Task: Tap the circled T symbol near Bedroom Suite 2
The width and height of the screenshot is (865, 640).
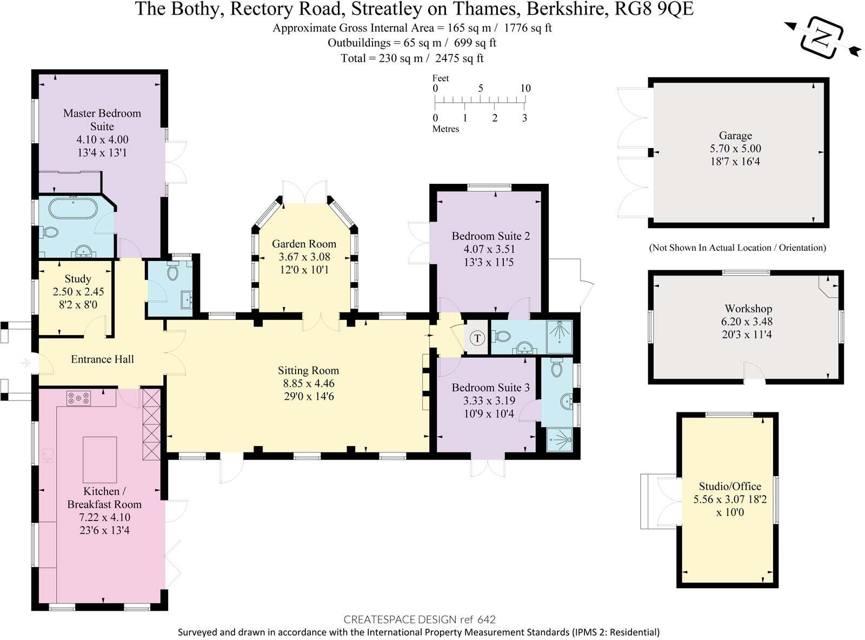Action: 477,339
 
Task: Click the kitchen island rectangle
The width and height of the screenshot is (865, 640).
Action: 99,459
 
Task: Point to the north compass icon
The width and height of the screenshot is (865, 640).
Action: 822,38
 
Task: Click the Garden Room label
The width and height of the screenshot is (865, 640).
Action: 304,244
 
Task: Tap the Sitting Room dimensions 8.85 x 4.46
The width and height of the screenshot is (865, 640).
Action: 308,384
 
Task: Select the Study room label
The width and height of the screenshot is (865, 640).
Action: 77,279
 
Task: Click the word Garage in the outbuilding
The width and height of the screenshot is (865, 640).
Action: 735,136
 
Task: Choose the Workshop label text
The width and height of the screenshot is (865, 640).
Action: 748,309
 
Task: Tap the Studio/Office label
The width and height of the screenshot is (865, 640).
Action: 730,486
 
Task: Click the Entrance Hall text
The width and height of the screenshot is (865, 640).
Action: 102,359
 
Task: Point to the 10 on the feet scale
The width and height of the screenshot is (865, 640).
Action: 525,88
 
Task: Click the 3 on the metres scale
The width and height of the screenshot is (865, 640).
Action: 524,118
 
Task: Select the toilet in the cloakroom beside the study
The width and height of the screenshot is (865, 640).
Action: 173,271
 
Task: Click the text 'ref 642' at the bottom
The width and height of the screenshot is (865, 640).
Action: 477,619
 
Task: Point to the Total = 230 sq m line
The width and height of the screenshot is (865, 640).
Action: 412,58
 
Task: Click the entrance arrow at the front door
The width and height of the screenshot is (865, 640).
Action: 25,363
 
